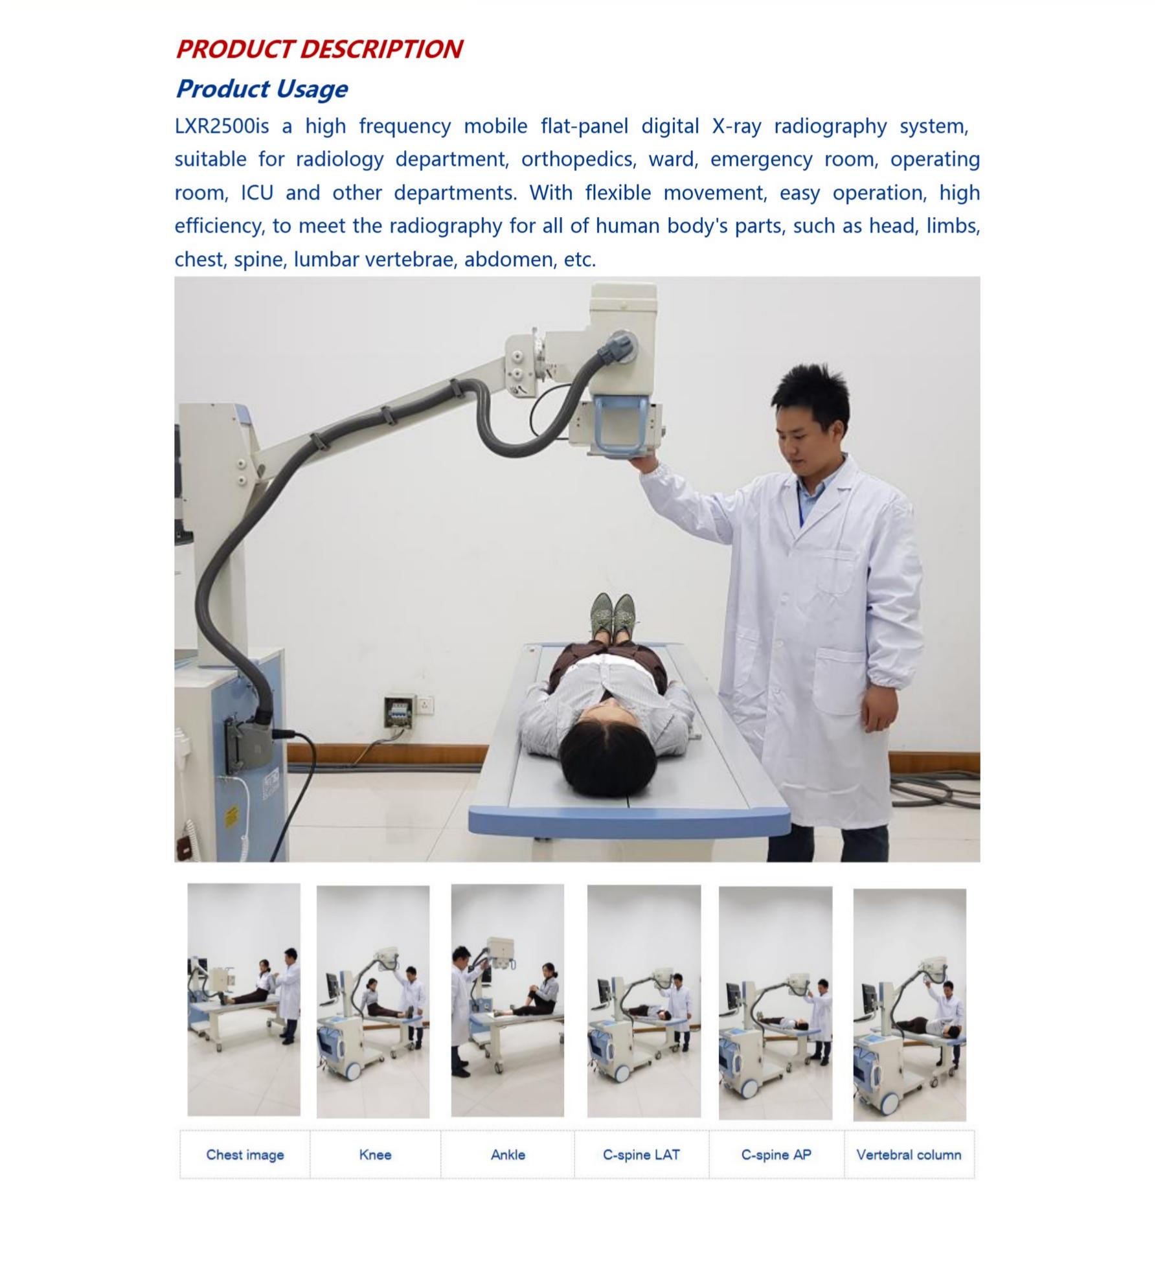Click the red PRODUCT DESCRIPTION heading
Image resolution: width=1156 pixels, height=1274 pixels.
point(319,49)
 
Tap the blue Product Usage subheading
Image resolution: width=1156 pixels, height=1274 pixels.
point(262,89)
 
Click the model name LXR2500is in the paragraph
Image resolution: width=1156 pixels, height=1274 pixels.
point(221,126)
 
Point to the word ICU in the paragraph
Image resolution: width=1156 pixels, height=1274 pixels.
point(257,193)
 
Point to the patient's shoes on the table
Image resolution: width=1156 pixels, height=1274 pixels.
point(613,617)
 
